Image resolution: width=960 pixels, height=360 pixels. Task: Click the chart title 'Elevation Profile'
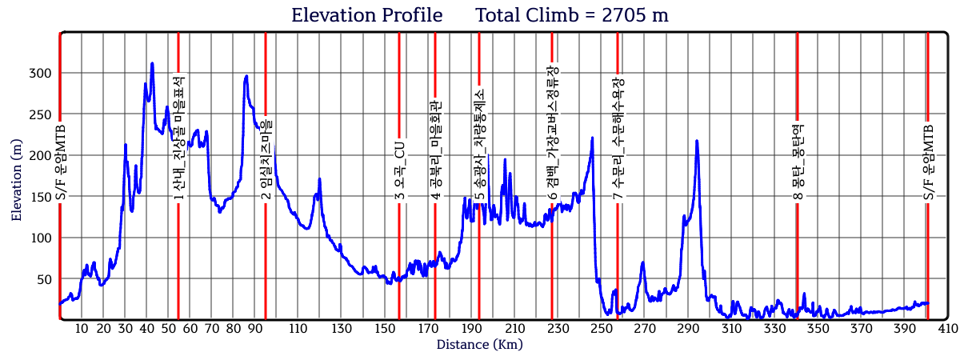[x=366, y=15]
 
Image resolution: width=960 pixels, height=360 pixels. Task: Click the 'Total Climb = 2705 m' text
[x=572, y=15]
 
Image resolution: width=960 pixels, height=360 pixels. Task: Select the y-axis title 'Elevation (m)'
[x=17, y=178]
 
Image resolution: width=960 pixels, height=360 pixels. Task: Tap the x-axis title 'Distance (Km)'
[x=480, y=345]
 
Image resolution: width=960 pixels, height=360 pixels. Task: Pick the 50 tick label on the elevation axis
[x=43, y=279]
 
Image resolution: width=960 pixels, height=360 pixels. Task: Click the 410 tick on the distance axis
[x=948, y=329]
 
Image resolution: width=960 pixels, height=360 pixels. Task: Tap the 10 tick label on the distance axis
[x=82, y=329]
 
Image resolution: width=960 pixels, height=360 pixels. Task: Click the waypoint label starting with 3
[x=398, y=171]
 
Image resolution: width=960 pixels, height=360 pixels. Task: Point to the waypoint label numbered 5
[x=479, y=144]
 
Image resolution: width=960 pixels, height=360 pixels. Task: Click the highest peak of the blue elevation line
[x=152, y=63]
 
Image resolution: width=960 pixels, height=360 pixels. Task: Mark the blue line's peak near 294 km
[x=697, y=141]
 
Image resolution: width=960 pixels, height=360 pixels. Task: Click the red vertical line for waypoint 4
[x=435, y=240]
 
